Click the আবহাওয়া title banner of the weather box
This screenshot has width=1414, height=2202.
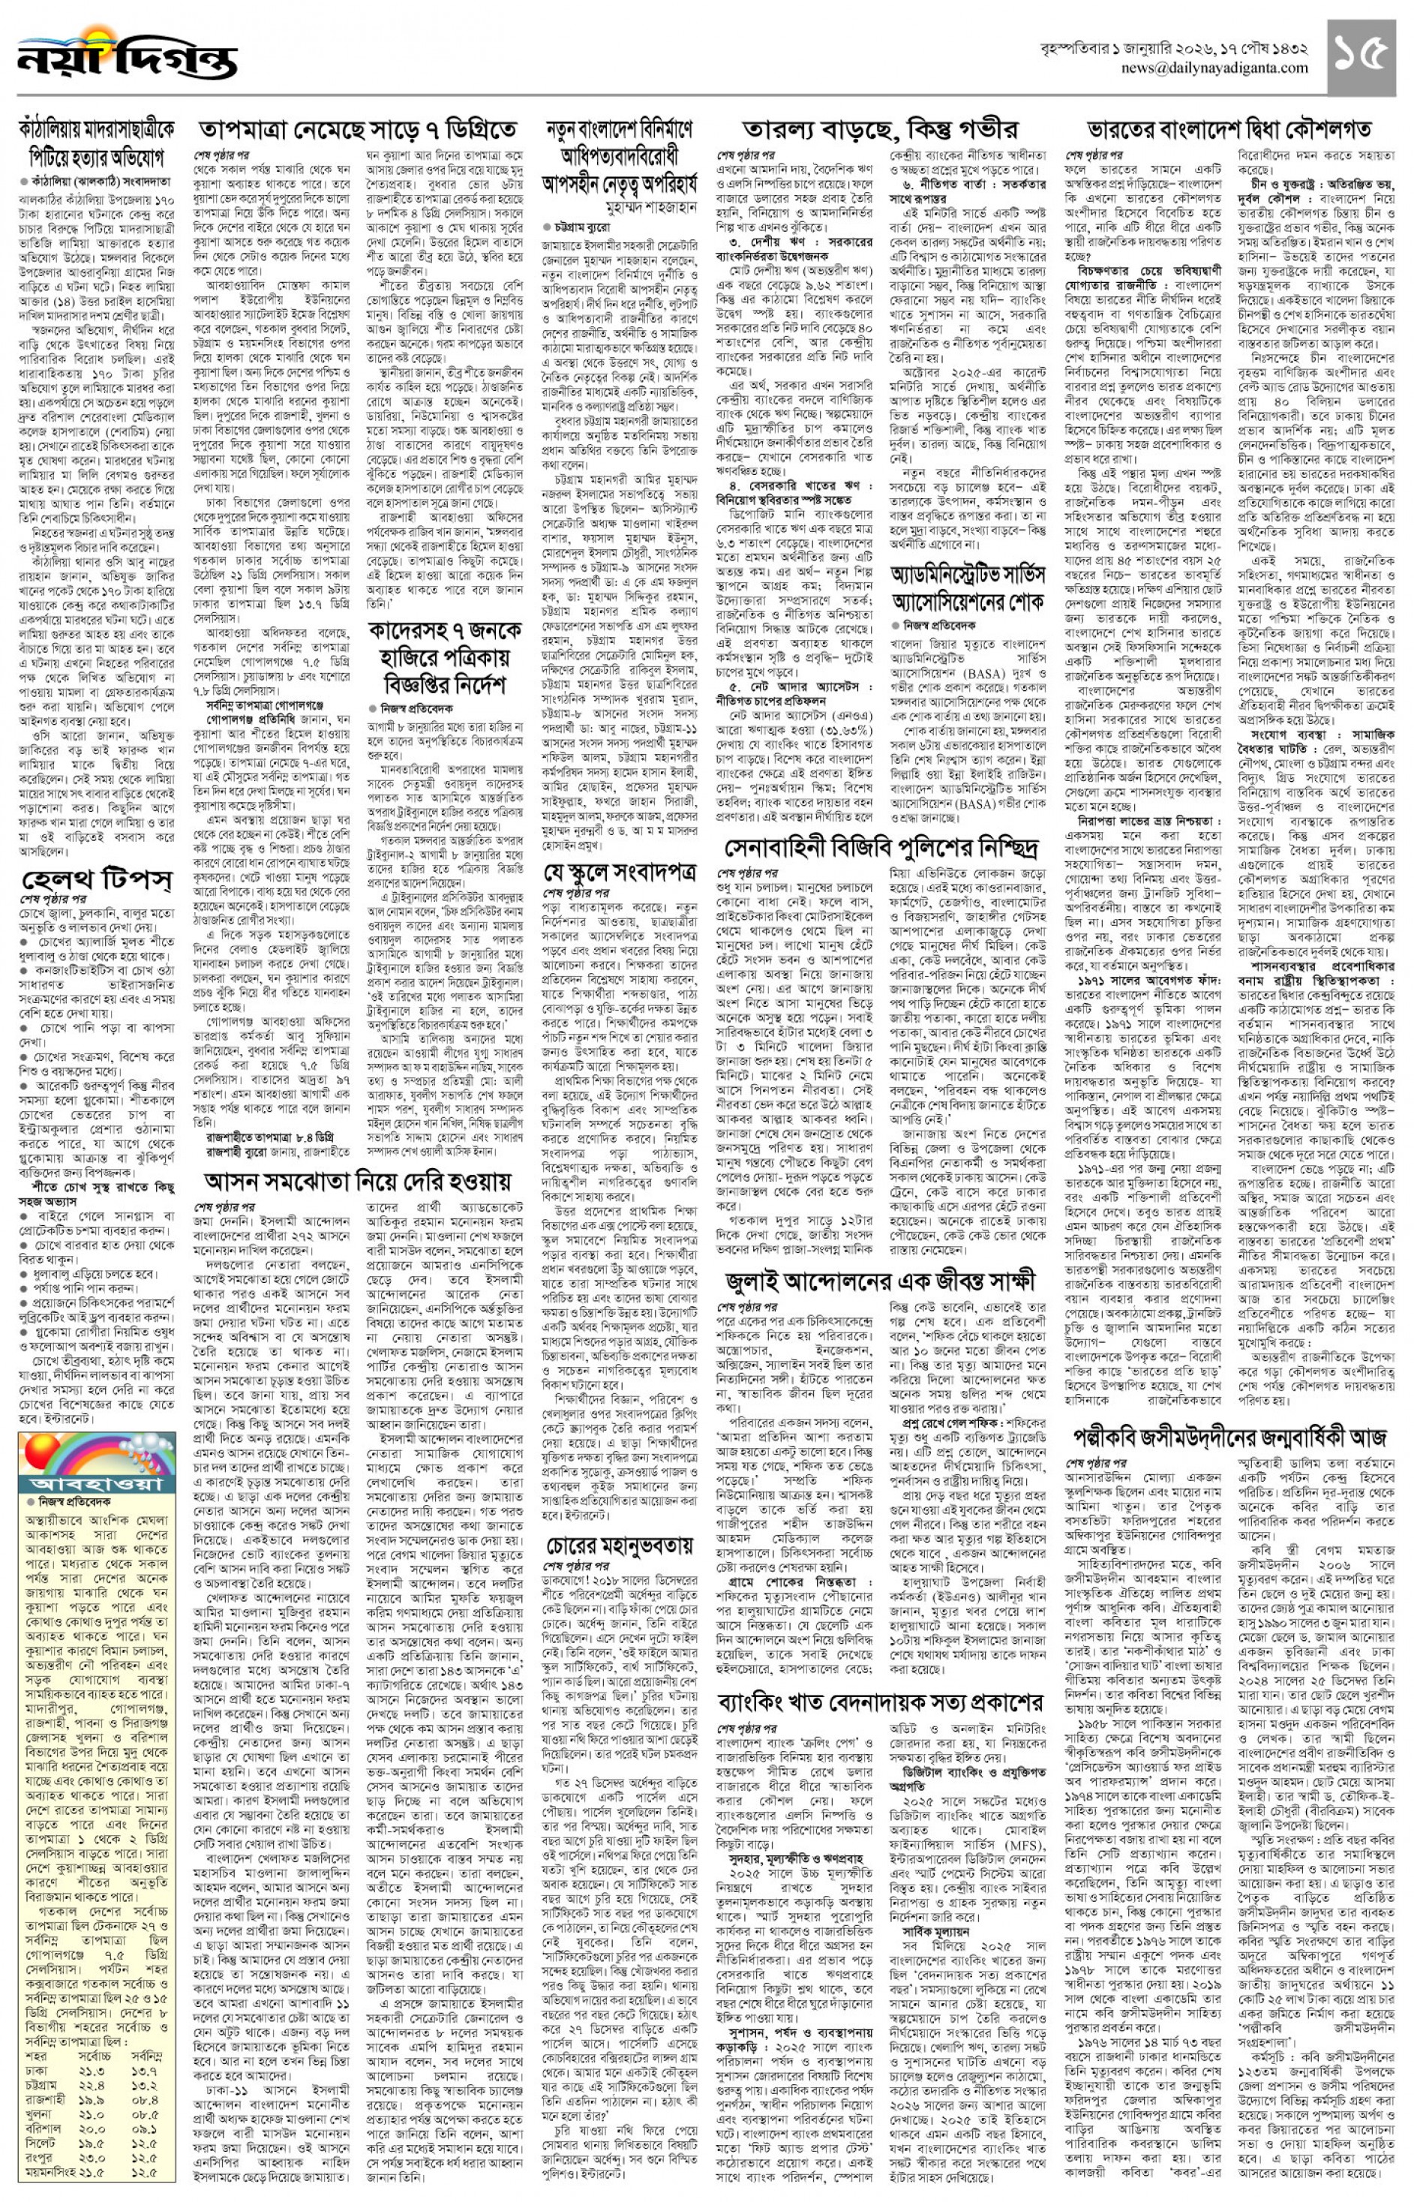pyautogui.click(x=97, y=1484)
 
